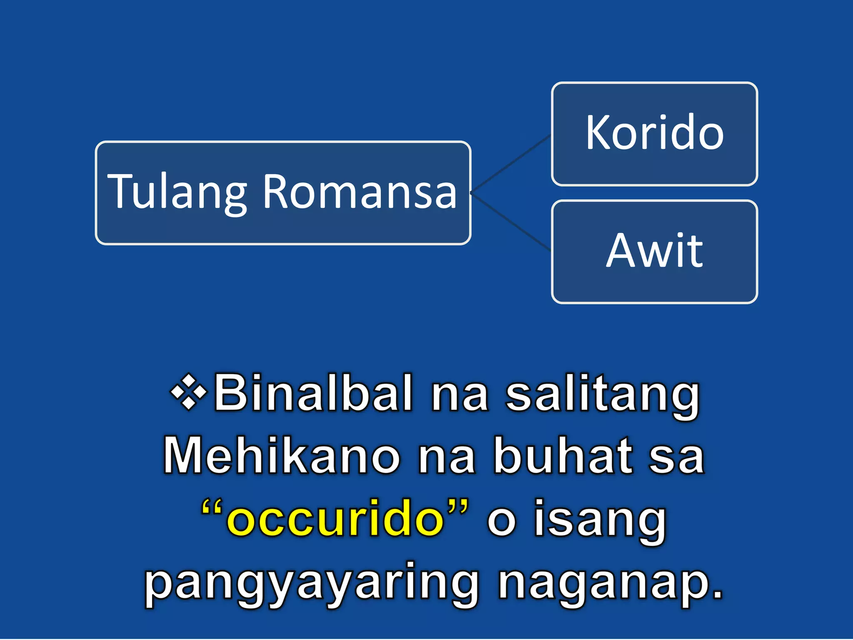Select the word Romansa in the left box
pos(360,192)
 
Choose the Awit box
pos(654,251)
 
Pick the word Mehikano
pos(282,456)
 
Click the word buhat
pos(562,456)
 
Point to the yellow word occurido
pos(335,519)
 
